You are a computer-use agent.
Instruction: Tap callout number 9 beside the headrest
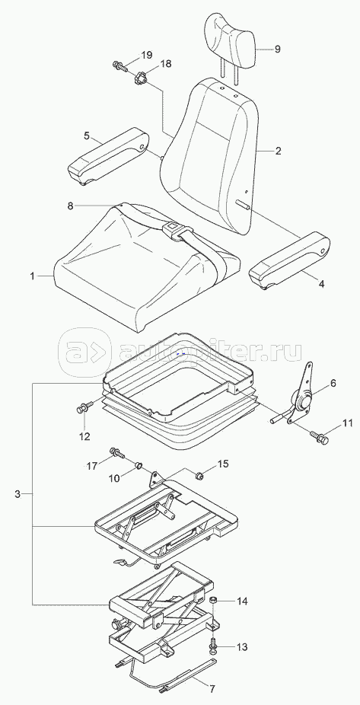point(277,49)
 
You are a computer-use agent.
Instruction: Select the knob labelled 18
point(141,80)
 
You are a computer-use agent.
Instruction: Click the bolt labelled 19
point(120,65)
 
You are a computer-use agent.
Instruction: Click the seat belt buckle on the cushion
point(171,229)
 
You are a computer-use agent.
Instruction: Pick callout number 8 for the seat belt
point(70,206)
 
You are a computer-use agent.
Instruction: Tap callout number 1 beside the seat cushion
point(33,276)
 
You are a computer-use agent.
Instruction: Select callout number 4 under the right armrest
point(322,283)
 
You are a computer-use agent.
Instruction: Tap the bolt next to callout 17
point(116,453)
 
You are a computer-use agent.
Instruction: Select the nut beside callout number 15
point(199,474)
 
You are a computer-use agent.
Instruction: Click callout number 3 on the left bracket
point(18,494)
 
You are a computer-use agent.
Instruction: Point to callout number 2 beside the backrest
point(279,151)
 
